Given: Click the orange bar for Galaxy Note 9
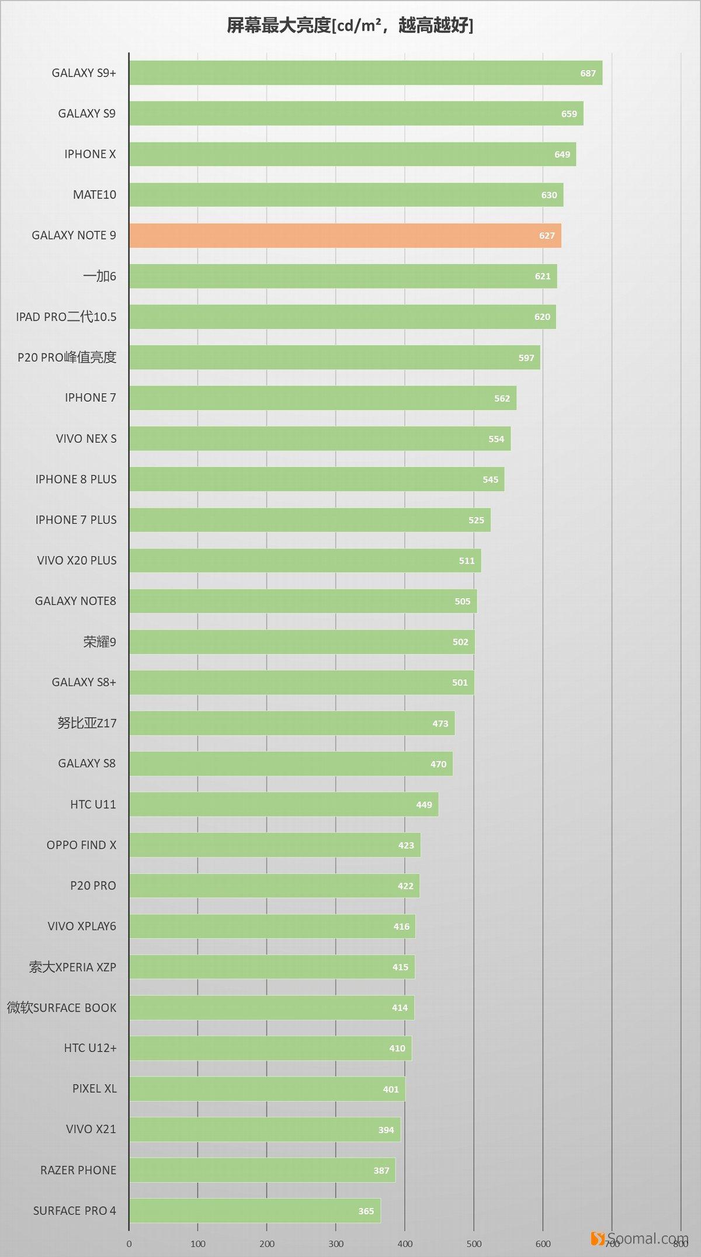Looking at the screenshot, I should pyautogui.click(x=345, y=235).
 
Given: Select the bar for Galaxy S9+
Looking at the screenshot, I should pyautogui.click(x=365, y=73).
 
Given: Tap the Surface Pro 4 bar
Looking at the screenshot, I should pyautogui.click(x=255, y=1210).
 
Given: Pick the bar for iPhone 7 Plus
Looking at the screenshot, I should pyautogui.click(x=310, y=520).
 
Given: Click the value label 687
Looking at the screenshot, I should pyautogui.click(x=588, y=74).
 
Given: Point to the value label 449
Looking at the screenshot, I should pyautogui.click(x=424, y=805).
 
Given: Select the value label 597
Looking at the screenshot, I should pyautogui.click(x=526, y=358).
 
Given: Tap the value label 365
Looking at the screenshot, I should pyautogui.click(x=366, y=1211).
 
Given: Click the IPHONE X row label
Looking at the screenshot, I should pyautogui.click(x=90, y=154).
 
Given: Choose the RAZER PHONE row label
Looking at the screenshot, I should pyautogui.click(x=78, y=1170).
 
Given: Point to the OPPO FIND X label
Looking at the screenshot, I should pyautogui.click(x=81, y=845).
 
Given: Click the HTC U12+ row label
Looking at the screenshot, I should pyautogui.click(x=90, y=1048).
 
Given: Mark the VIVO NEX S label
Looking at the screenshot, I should pyautogui.click(x=86, y=439).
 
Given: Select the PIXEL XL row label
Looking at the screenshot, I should pyautogui.click(x=94, y=1089).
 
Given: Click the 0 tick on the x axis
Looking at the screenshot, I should pyautogui.click(x=129, y=1244).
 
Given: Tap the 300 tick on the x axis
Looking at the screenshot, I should pyautogui.click(x=336, y=1244).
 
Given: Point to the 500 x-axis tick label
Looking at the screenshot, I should pyautogui.click(x=474, y=1244).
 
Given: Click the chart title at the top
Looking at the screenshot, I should pyautogui.click(x=350, y=26).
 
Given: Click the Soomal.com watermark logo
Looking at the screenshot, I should pyautogui.click(x=639, y=1238).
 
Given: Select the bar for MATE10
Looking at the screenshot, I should pyautogui.click(x=346, y=195).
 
